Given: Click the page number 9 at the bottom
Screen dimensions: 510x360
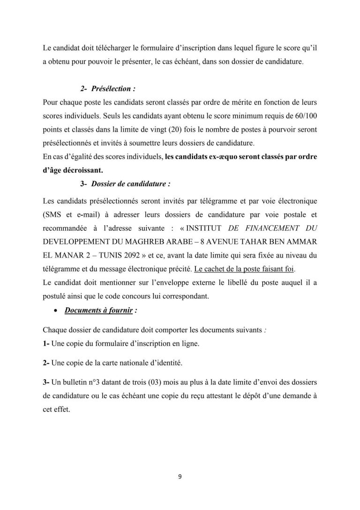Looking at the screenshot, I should (x=180, y=477).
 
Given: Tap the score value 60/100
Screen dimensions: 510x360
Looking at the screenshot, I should (x=307, y=115).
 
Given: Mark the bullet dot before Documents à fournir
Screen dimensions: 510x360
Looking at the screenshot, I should (x=56, y=311).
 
